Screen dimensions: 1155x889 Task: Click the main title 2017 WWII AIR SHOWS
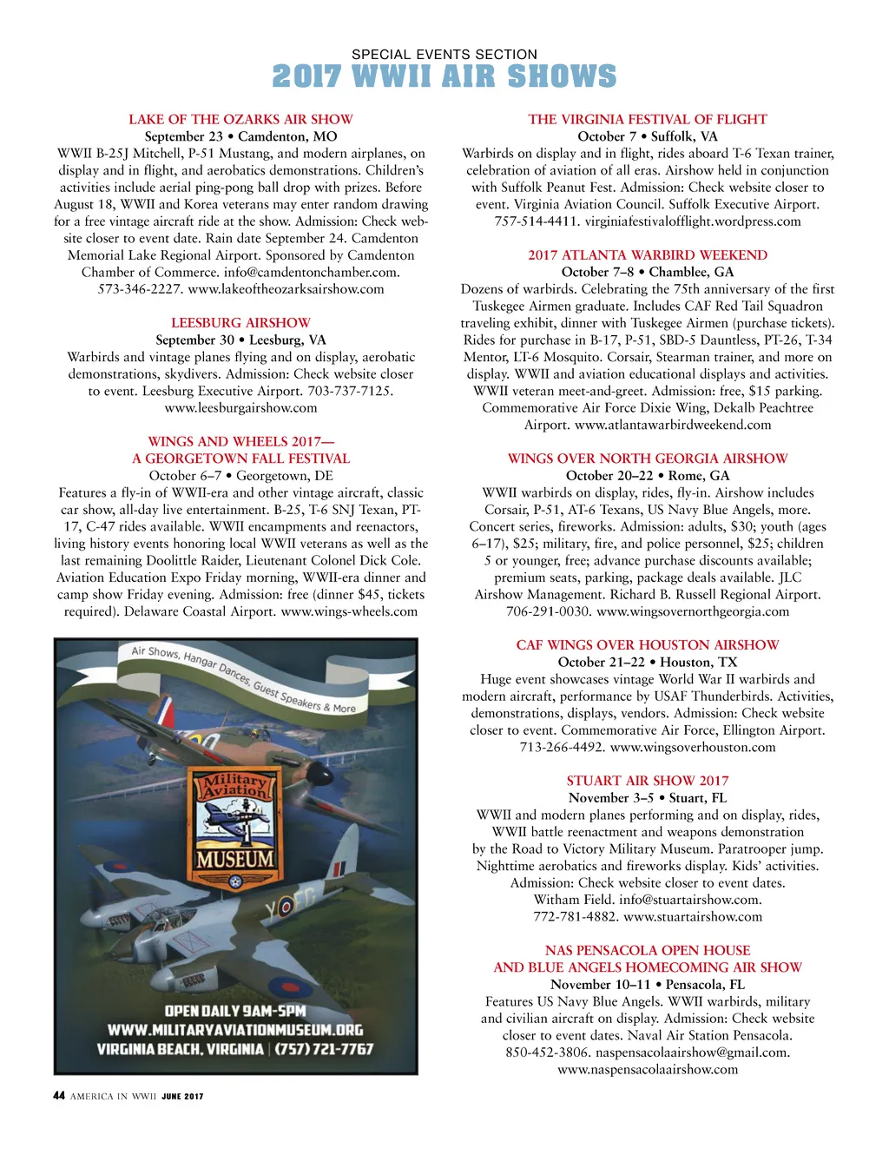(444, 77)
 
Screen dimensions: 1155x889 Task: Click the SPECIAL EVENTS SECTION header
(444, 54)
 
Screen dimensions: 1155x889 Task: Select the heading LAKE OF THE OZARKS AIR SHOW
(240, 119)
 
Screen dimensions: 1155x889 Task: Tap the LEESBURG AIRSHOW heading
(240, 322)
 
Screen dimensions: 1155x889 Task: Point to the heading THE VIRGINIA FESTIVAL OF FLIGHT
(648, 119)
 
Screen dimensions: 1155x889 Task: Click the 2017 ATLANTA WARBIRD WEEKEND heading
(648, 254)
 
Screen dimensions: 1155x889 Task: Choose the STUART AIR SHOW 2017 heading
(648, 781)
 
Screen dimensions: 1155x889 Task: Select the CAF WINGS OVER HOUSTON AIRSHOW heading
(648, 644)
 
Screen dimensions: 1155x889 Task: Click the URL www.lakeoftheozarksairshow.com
(286, 288)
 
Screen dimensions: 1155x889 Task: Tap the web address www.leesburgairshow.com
(240, 407)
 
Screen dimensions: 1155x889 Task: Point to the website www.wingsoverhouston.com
(693, 747)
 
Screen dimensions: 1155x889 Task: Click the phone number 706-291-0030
(547, 611)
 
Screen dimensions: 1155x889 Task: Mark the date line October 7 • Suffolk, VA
(648, 136)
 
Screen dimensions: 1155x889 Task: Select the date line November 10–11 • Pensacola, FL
(648, 984)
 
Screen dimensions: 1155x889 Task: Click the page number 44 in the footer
(59, 1096)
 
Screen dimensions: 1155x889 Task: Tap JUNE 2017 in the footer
(182, 1097)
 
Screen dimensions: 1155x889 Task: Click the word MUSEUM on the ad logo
(234, 859)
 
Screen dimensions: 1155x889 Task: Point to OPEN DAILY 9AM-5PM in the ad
(235, 1011)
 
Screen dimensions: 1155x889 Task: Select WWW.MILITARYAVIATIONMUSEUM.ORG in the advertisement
(235, 1030)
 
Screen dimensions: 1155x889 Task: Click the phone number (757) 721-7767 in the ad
(324, 1049)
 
